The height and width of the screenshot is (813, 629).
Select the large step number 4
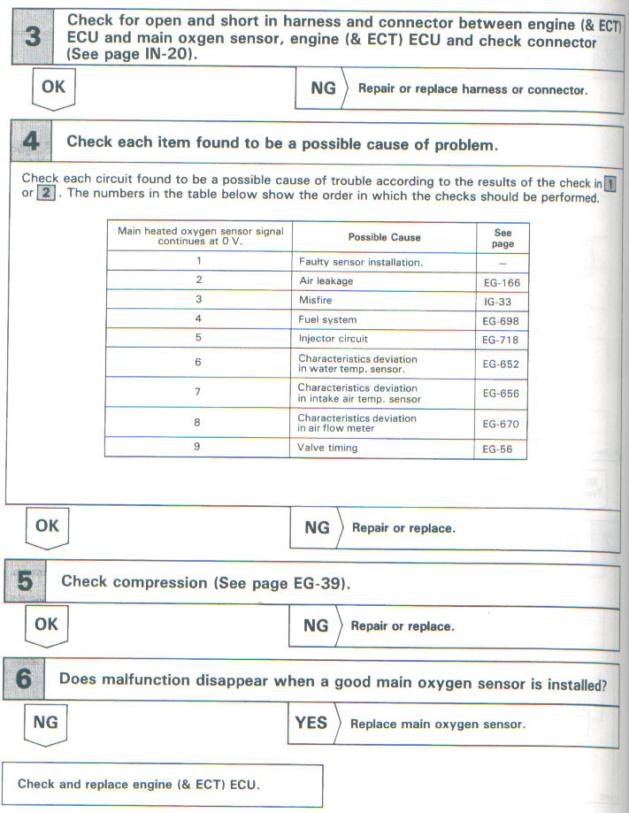tap(33, 141)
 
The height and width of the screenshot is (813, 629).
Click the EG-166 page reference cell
tap(501, 280)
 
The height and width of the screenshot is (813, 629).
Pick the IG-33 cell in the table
tap(501, 300)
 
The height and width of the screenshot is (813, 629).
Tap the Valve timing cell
tap(327, 448)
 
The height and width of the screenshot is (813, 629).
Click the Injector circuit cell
tap(333, 339)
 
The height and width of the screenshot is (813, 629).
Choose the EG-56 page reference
tap(501, 449)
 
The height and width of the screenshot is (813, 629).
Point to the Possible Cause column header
tap(384, 236)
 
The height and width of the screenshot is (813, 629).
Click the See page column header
tap(502, 237)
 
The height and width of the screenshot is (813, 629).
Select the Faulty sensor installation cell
tap(360, 262)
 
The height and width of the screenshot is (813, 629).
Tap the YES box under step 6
tap(311, 723)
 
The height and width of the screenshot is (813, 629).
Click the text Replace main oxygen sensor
tap(438, 724)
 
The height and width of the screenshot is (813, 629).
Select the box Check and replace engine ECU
tap(164, 785)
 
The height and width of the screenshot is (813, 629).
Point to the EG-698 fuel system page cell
tap(501, 319)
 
